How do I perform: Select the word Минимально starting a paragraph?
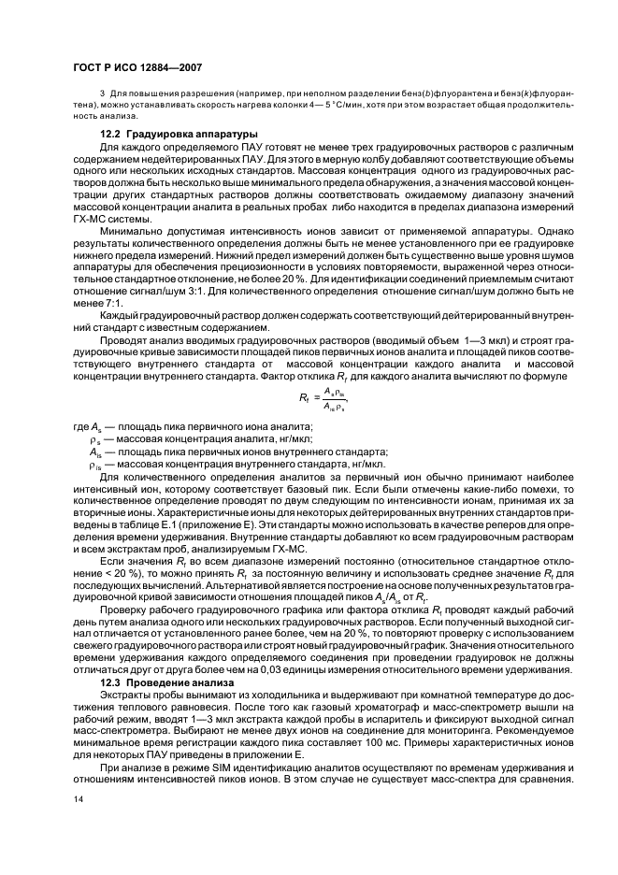pos(132,254)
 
